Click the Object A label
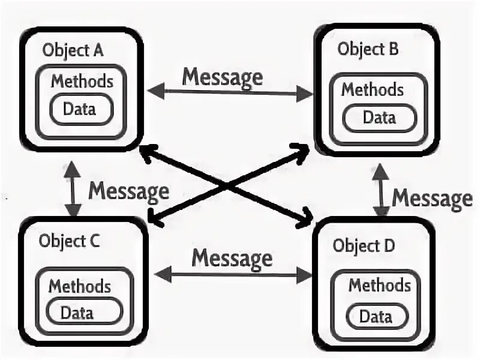73,50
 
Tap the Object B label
367,49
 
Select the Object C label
70,241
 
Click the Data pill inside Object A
80,109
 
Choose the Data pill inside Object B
379,117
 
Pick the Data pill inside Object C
77,312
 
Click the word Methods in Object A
82,81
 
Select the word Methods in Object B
372,89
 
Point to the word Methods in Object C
79,286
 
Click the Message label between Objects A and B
222,77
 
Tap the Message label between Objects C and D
232,259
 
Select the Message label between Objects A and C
128,191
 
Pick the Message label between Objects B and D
432,197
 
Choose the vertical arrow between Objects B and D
381,191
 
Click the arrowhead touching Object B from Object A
307,93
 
